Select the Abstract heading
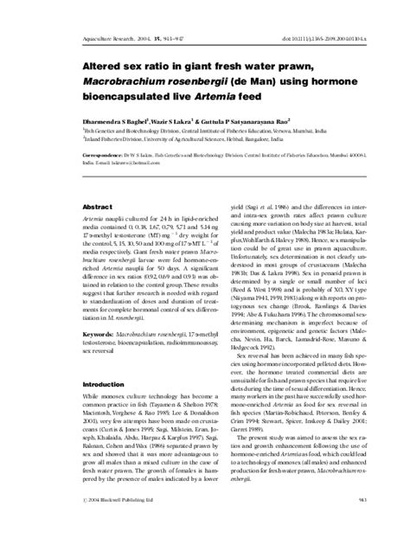93,207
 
